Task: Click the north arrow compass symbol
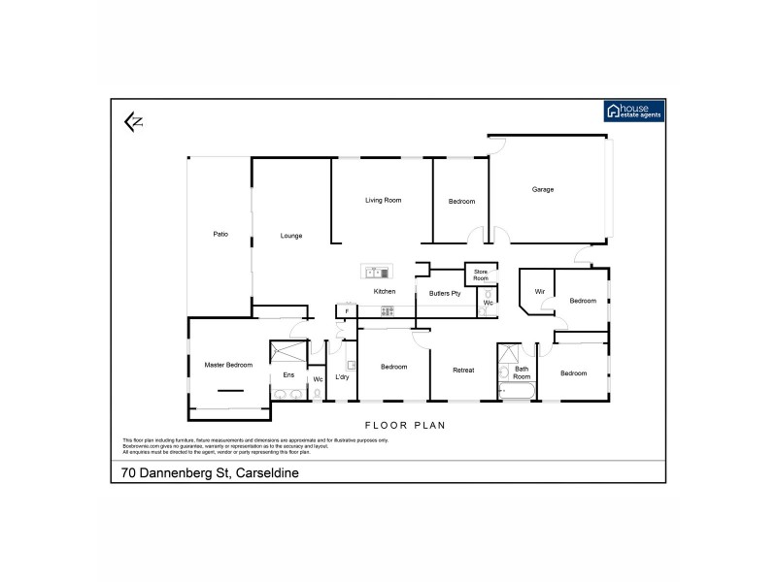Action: click(133, 121)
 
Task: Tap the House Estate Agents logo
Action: click(634, 111)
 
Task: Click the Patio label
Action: click(220, 234)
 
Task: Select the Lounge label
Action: click(291, 235)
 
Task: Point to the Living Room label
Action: click(383, 200)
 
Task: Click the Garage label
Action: click(542, 189)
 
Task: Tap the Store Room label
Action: click(481, 275)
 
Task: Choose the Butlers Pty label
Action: click(444, 292)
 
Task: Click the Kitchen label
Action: click(385, 291)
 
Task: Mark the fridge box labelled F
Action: click(346, 311)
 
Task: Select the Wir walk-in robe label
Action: click(538, 291)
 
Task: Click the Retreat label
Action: click(463, 370)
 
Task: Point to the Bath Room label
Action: click(522, 372)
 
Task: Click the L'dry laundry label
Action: click(342, 376)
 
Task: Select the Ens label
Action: click(287, 374)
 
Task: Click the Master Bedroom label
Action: click(228, 365)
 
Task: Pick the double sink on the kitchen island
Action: click(370, 273)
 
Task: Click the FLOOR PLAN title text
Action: click(404, 425)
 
